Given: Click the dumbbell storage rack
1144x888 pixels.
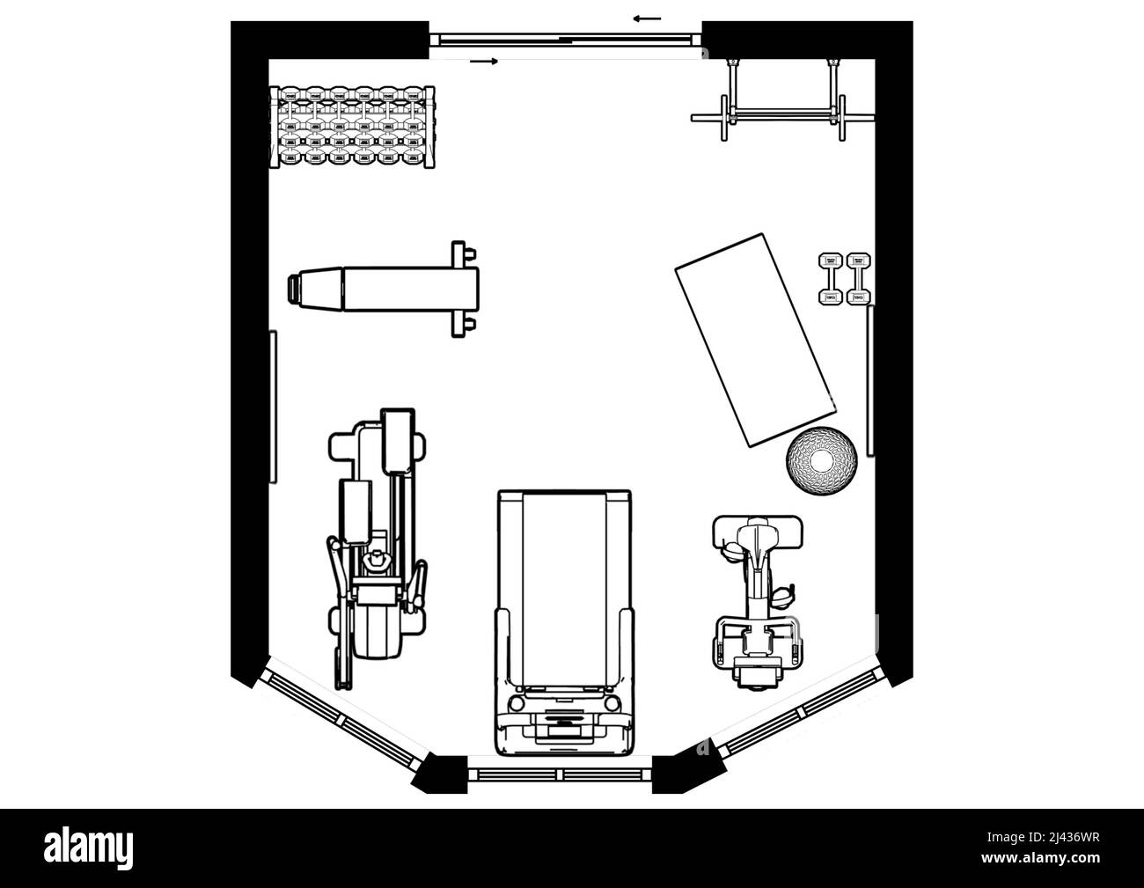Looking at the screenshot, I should coord(353,127).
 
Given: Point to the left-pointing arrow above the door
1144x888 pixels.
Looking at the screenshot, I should coord(647,18).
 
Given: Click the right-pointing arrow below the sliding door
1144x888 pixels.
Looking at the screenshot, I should coord(484,61).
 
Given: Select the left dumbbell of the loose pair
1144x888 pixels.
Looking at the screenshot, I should coord(830,280).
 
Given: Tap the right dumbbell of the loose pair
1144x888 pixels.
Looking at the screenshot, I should coord(858,280).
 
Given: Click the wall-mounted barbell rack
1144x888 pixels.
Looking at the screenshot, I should coord(781,104).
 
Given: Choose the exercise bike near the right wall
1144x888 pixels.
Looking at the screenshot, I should coord(757,598).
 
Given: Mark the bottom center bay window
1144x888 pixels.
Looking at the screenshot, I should coord(559,774).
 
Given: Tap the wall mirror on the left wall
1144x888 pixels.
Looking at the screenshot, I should coord(274,407).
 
